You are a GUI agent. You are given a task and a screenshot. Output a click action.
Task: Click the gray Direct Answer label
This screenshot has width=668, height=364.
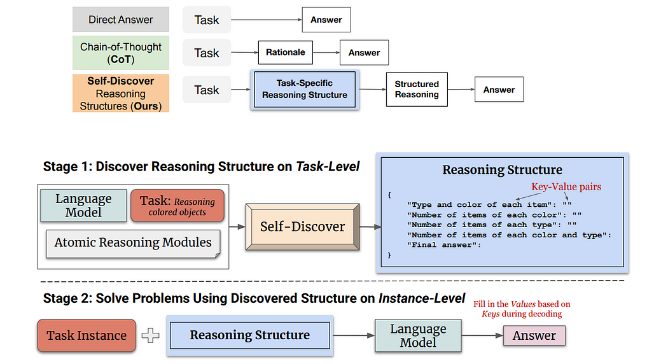[x=121, y=19]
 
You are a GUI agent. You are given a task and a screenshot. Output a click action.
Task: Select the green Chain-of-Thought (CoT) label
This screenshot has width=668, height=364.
[x=121, y=53]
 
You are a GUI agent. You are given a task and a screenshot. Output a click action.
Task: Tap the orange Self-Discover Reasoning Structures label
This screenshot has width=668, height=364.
[x=121, y=94]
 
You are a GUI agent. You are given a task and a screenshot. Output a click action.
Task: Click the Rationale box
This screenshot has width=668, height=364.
[x=286, y=52]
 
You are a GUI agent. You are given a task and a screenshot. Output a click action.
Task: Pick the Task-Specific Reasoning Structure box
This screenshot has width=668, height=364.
[x=305, y=89]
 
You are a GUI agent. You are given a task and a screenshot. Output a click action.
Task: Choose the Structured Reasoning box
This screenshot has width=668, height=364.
[x=417, y=89]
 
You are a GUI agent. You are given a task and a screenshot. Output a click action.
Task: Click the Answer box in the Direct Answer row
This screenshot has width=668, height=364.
[x=326, y=20]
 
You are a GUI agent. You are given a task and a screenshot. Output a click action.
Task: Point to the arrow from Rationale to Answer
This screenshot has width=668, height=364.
[x=326, y=52]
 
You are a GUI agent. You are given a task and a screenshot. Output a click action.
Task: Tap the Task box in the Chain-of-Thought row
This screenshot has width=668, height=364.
[x=207, y=53]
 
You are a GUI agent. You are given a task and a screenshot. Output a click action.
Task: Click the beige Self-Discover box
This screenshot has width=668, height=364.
[x=302, y=227]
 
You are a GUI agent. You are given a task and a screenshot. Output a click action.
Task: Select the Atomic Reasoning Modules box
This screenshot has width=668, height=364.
[x=133, y=243]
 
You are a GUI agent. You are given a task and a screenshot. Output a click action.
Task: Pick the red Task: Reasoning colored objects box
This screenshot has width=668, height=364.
[x=177, y=206]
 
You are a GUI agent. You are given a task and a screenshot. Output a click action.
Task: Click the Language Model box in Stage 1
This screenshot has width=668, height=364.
[x=83, y=206]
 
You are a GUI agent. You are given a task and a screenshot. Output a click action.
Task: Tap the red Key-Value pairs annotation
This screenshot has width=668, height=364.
[x=566, y=186]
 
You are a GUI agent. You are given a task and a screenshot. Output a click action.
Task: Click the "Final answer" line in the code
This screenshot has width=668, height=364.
[x=444, y=244]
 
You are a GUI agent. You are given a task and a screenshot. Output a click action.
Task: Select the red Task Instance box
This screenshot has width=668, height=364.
[x=87, y=335]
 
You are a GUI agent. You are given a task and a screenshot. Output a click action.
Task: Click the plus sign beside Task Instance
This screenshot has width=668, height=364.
[x=150, y=335]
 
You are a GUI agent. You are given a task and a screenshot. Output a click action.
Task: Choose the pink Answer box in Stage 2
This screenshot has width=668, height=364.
[x=534, y=335]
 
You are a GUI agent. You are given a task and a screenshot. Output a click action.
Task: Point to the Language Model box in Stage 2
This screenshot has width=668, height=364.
[x=418, y=335]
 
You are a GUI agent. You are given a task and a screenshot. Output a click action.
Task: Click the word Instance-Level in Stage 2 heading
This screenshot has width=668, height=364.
[x=422, y=298]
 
